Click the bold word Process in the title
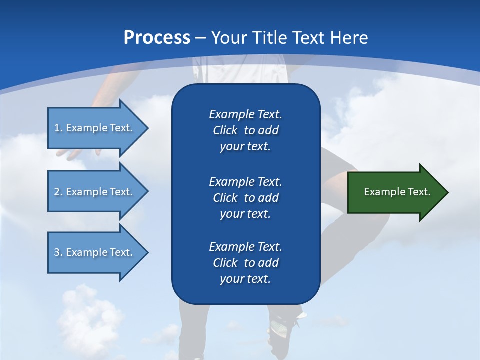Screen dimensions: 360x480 click(157, 38)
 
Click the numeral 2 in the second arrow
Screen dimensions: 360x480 click(57, 192)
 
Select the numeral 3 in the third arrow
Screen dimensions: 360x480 click(57, 252)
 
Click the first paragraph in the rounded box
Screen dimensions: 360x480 click(245, 130)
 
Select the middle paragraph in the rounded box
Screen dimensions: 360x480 click(245, 198)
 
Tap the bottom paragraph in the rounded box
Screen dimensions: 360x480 click(245, 263)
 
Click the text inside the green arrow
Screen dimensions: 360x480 click(397, 192)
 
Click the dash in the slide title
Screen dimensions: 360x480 click(200, 38)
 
